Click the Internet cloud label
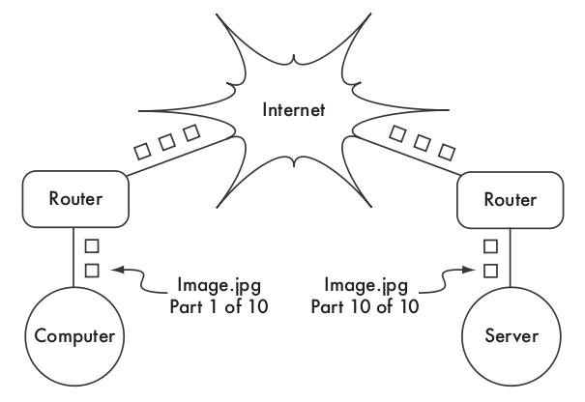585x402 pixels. pos(292,109)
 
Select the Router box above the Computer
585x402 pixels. pos(74,200)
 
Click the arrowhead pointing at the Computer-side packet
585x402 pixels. pos(115,271)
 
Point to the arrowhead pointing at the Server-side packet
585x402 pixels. pos(470,271)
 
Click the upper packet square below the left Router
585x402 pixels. pos(92,246)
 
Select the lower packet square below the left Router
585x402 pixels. pos(92,270)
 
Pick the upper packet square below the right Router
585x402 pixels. pos(491,246)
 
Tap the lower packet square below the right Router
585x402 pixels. pos(491,270)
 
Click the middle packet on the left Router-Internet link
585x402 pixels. pos(166,141)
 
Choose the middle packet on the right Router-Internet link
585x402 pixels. pos(421,142)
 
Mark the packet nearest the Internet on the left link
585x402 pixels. pos(190,131)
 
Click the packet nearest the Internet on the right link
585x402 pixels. pos(397,132)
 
